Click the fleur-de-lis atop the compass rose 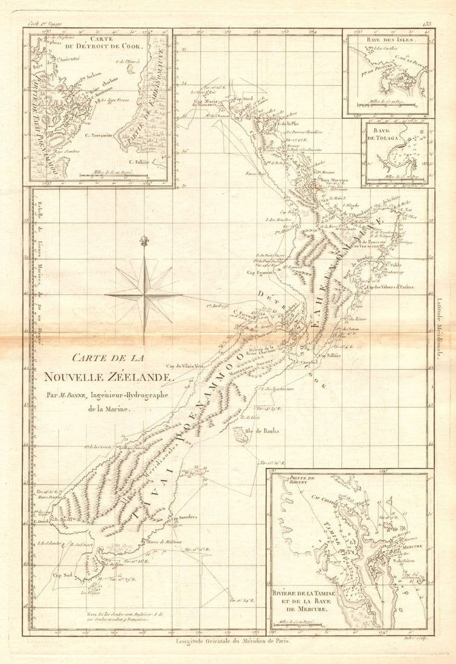click(x=144, y=241)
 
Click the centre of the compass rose click(x=144, y=295)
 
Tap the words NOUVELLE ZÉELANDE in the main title click(x=108, y=376)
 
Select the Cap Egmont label click(x=259, y=272)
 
